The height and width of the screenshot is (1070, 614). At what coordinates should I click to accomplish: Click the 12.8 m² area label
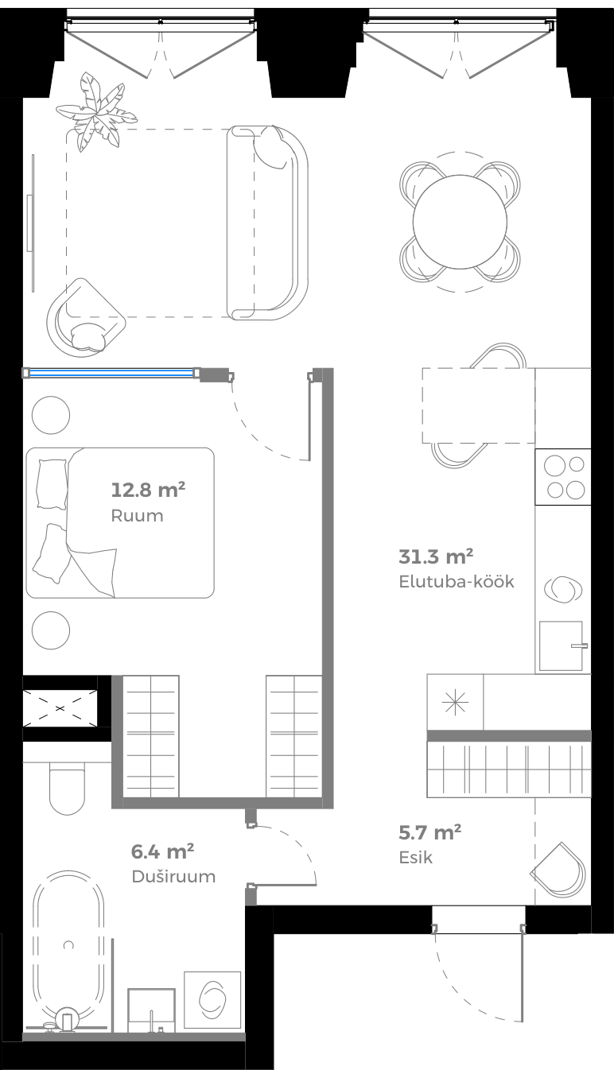click(148, 490)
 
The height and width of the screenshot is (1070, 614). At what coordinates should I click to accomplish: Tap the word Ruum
click(137, 516)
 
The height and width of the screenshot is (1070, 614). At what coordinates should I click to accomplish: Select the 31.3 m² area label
click(436, 555)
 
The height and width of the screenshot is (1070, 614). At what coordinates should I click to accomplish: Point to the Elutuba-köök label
click(456, 581)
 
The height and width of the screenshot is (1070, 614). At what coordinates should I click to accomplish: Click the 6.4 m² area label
click(163, 851)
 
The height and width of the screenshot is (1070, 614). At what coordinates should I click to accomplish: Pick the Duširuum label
click(173, 877)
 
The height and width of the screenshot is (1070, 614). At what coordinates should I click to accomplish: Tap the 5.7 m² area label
click(429, 832)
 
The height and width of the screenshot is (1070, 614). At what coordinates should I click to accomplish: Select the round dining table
click(460, 223)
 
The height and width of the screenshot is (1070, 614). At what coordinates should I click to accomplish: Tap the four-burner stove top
click(563, 477)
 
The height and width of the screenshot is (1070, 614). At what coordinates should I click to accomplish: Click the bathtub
click(68, 946)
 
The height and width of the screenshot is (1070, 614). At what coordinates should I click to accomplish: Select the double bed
click(120, 522)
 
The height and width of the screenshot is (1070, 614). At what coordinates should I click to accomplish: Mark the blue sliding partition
click(111, 372)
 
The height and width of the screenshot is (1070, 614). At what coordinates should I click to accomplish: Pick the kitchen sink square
click(561, 645)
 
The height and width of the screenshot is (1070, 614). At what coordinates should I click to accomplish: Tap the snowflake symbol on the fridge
click(455, 701)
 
